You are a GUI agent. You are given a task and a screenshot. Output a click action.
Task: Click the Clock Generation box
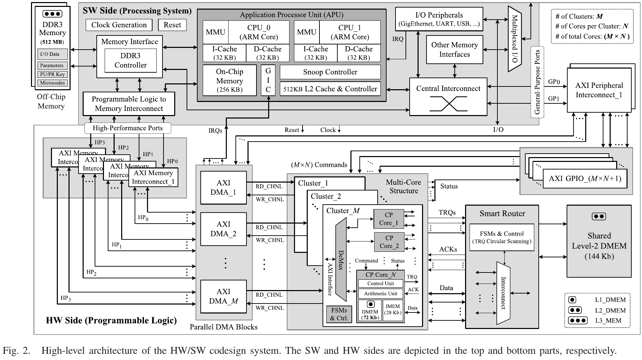coord(119,25)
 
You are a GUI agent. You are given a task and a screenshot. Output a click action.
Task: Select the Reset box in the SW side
coord(172,25)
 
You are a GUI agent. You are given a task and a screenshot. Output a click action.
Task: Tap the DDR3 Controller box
coord(130,60)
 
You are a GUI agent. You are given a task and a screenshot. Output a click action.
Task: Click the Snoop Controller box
coord(330,72)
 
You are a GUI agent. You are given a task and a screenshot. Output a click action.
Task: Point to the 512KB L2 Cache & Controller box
coord(330,89)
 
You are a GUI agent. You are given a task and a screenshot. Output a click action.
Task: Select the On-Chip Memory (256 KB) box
coord(229,81)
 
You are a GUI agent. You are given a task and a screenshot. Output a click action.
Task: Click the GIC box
coord(268,80)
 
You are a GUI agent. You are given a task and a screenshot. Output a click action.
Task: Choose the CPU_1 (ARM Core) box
coord(349,32)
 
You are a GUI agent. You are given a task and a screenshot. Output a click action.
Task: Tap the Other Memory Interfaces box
coord(454,50)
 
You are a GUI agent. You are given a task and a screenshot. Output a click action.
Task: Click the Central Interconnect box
coord(448,96)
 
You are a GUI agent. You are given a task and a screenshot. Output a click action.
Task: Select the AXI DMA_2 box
coord(223,229)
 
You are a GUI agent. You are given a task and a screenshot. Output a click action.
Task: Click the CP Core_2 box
coord(389,242)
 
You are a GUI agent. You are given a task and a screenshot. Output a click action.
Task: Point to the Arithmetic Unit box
coord(380,294)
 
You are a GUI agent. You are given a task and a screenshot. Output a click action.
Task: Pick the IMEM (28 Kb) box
coord(393,310)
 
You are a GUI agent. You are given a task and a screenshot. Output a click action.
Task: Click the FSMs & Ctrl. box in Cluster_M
coord(339,314)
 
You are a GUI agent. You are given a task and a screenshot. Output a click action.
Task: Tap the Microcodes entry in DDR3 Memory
coord(52,83)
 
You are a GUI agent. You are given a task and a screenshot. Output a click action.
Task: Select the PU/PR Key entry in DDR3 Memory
coord(52,74)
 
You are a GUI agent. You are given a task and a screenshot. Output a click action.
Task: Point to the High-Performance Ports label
coord(128,128)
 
